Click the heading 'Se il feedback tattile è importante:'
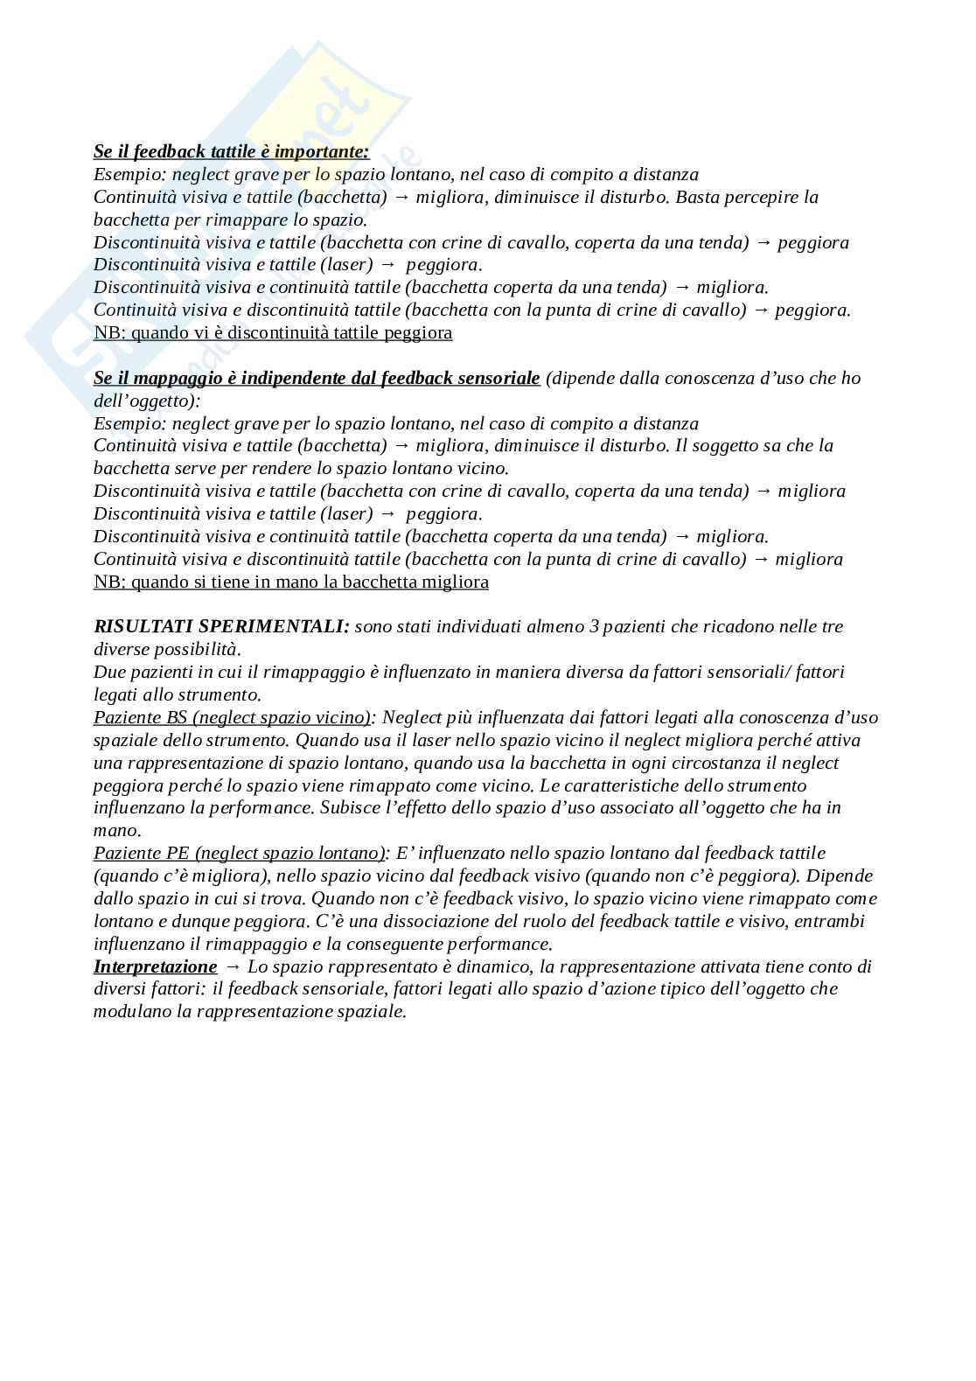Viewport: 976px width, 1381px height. pos(231,152)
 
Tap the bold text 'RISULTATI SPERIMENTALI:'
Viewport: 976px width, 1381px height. pos(221,627)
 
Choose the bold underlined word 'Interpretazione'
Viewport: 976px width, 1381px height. pos(155,967)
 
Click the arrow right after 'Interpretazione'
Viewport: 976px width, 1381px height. pos(233,967)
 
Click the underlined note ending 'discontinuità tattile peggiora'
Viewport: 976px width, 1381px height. pos(273,333)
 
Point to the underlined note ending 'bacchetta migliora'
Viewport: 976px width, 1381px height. pos(291,582)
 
